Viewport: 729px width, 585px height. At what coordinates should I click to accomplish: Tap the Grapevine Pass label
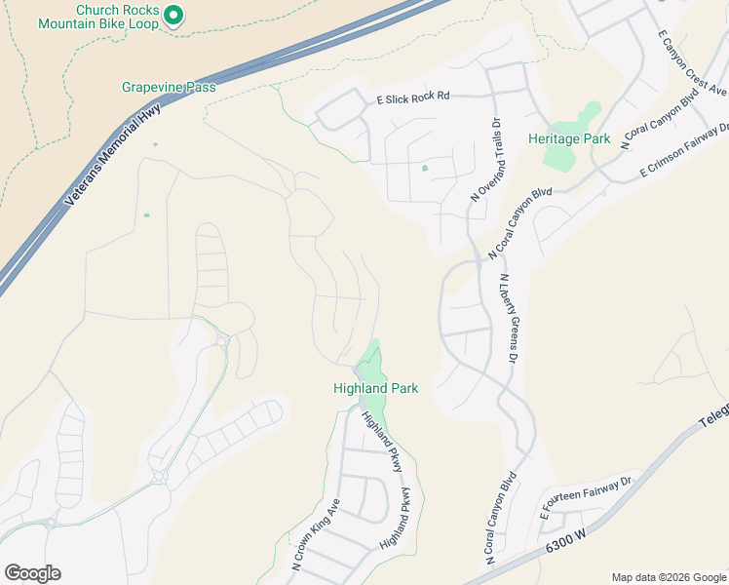[x=168, y=87]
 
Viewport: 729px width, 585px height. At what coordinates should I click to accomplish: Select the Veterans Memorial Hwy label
[x=112, y=154]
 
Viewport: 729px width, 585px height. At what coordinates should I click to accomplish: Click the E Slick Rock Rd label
[x=412, y=96]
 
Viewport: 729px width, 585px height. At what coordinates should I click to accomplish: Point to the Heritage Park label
[x=569, y=138]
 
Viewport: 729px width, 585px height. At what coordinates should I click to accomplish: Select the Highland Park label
[x=375, y=388]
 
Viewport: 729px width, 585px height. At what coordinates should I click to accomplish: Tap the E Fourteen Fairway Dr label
[x=587, y=494]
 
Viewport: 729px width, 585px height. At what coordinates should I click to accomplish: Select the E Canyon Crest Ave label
[x=692, y=62]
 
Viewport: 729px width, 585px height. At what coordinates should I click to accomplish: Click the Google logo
[x=32, y=573]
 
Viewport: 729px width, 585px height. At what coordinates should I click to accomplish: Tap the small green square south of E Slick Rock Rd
[x=425, y=168]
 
